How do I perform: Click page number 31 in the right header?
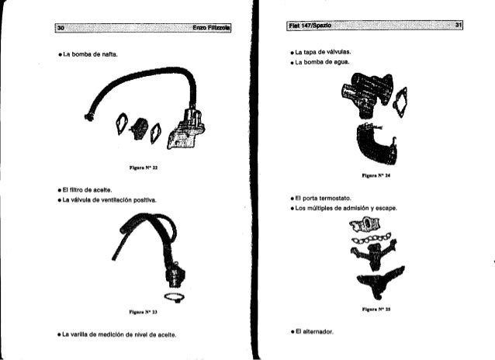pyautogui.click(x=459, y=26)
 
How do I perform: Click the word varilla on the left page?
pyautogui.click(x=85, y=335)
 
